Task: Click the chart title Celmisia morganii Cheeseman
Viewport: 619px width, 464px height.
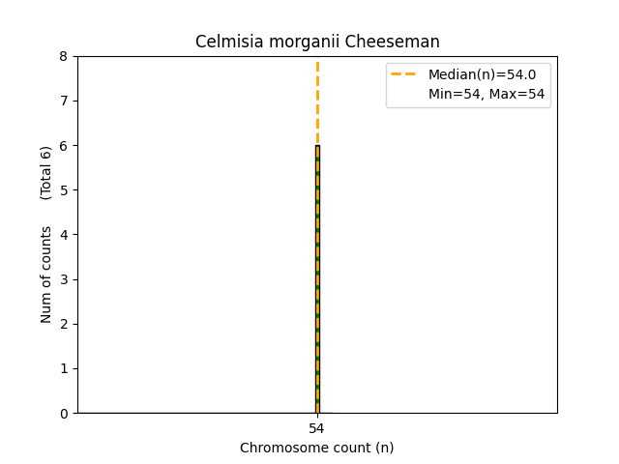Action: click(317, 42)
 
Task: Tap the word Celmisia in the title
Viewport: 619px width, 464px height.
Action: click(224, 42)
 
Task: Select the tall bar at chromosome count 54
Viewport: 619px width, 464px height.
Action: click(317, 280)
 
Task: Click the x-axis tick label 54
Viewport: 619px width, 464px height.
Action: click(317, 428)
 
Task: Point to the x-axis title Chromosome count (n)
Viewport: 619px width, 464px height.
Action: click(317, 448)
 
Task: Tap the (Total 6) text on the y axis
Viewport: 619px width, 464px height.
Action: click(46, 173)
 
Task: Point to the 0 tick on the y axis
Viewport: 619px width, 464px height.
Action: click(65, 413)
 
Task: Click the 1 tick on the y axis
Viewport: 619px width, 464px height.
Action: click(65, 368)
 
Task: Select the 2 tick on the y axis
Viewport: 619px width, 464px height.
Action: click(65, 324)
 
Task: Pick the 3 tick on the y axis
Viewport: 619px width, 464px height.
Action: click(65, 279)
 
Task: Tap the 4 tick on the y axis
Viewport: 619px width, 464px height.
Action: click(65, 235)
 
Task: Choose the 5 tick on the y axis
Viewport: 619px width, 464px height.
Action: click(65, 190)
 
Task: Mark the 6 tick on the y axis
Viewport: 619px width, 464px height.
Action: click(65, 145)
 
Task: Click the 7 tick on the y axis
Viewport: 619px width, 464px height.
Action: click(65, 101)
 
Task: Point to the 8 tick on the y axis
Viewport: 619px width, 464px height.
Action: click(65, 56)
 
